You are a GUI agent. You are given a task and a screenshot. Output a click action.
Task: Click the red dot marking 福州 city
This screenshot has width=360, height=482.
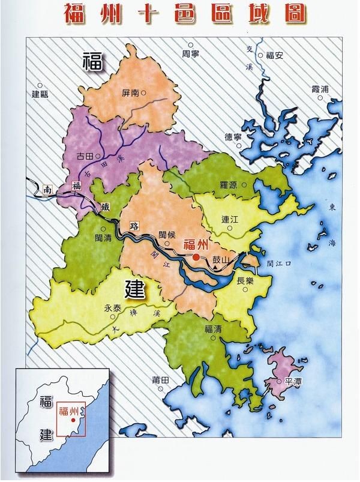point(196,257)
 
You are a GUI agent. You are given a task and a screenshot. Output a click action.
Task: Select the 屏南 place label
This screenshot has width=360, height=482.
point(130,93)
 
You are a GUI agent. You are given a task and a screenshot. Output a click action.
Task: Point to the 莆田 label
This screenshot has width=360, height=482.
point(162,379)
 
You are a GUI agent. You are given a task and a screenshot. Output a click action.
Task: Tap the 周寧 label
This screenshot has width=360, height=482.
point(190,53)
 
